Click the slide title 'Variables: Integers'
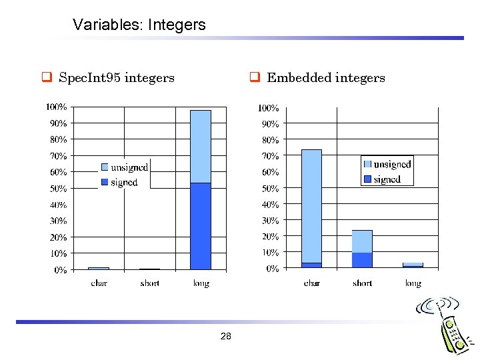pyautogui.click(x=139, y=25)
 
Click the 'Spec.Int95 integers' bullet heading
pyautogui.click(x=116, y=78)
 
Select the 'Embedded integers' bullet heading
pyautogui.click(x=325, y=78)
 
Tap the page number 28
pyautogui.click(x=225, y=337)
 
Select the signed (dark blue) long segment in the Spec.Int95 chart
pyautogui.click(x=200, y=226)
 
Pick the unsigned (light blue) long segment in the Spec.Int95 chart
pyautogui.click(x=200, y=147)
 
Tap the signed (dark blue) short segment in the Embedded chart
pyautogui.click(x=362, y=260)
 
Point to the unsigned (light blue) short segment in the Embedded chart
pyautogui.click(x=362, y=241)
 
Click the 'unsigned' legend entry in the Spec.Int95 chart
pyautogui.click(x=129, y=167)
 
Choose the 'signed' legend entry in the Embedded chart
pyautogui.click(x=387, y=179)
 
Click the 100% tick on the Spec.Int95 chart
pyautogui.click(x=56, y=107)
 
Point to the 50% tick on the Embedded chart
pyautogui.click(x=269, y=189)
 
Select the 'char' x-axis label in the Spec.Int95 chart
pyautogui.click(x=99, y=283)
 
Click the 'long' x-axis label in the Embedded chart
pyautogui.click(x=413, y=283)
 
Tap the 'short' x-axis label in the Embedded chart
pyautogui.click(x=362, y=283)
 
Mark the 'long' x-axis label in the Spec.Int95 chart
pyautogui.click(x=201, y=283)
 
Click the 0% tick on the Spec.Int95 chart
pyautogui.click(x=60, y=270)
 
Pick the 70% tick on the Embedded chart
pyautogui.click(x=269, y=156)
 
